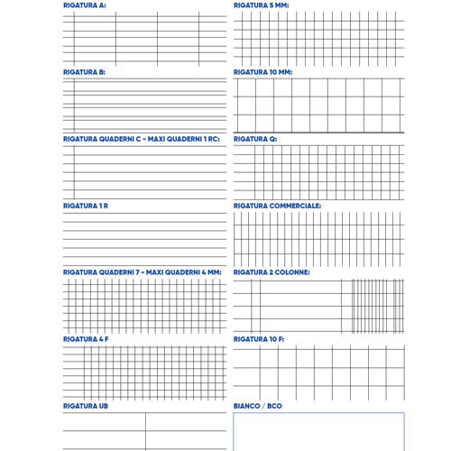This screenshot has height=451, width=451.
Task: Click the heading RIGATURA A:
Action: coord(84,5)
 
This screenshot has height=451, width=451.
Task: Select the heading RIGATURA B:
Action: coord(84,72)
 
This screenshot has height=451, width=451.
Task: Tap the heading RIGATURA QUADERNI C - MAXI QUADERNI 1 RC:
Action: coord(142,139)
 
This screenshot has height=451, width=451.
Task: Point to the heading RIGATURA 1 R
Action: coord(86,206)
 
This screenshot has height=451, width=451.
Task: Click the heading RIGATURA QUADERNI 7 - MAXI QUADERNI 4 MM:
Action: coord(142,272)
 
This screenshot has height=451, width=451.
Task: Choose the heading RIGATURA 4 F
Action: coord(86,339)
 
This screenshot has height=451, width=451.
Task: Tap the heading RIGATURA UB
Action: coord(86,407)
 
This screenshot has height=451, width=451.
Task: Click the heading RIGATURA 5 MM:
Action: coord(262,5)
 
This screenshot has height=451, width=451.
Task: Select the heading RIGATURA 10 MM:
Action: coord(263,72)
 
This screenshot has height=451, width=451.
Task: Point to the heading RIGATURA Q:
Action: coord(255,139)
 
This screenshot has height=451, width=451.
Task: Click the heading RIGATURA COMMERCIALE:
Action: coord(277,206)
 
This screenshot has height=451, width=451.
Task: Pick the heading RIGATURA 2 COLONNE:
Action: coord(272,272)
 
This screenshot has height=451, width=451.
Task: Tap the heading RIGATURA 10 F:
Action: coord(259,339)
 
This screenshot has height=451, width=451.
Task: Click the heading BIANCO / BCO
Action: coord(258,407)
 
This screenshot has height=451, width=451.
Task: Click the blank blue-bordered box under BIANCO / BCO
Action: coord(318,433)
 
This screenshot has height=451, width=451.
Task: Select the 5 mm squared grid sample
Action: coord(318,39)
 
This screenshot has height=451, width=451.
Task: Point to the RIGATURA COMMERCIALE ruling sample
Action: coord(318,239)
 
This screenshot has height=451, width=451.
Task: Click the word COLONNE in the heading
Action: coord(291,272)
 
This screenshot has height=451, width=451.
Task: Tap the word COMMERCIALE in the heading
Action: coord(295,206)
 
